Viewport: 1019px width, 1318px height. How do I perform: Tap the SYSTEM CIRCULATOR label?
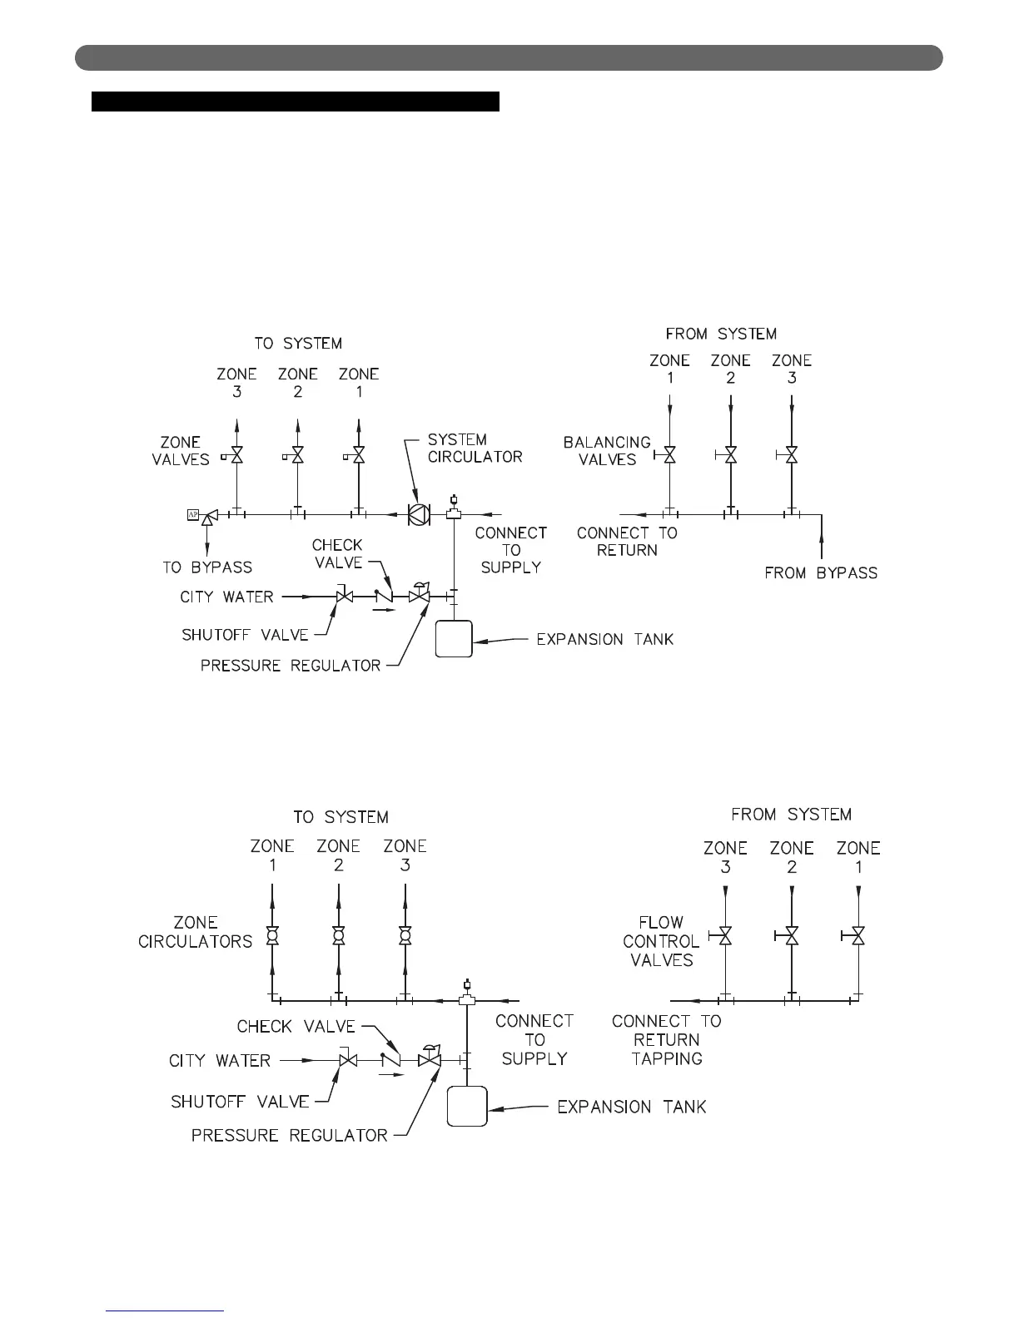475,448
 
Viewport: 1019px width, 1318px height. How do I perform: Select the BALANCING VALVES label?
607,450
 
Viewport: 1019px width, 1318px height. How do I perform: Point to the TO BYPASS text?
207,567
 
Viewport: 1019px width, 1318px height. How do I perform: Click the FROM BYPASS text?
821,572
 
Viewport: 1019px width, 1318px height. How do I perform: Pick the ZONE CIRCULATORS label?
196,932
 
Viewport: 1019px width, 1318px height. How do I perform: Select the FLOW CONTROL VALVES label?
661,941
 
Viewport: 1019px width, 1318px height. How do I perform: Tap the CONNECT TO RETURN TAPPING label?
667,1039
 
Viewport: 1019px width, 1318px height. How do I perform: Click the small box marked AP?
191,515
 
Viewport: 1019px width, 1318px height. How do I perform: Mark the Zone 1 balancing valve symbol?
669,455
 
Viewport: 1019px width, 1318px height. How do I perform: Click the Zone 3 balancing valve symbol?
792,455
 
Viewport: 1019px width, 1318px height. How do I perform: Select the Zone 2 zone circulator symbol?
338,936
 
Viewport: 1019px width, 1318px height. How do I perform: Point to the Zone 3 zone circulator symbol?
405,936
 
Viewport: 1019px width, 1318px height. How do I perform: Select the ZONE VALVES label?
181,450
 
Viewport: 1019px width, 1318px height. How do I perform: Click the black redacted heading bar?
295,102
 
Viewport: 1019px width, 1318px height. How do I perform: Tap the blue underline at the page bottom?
167,1311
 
